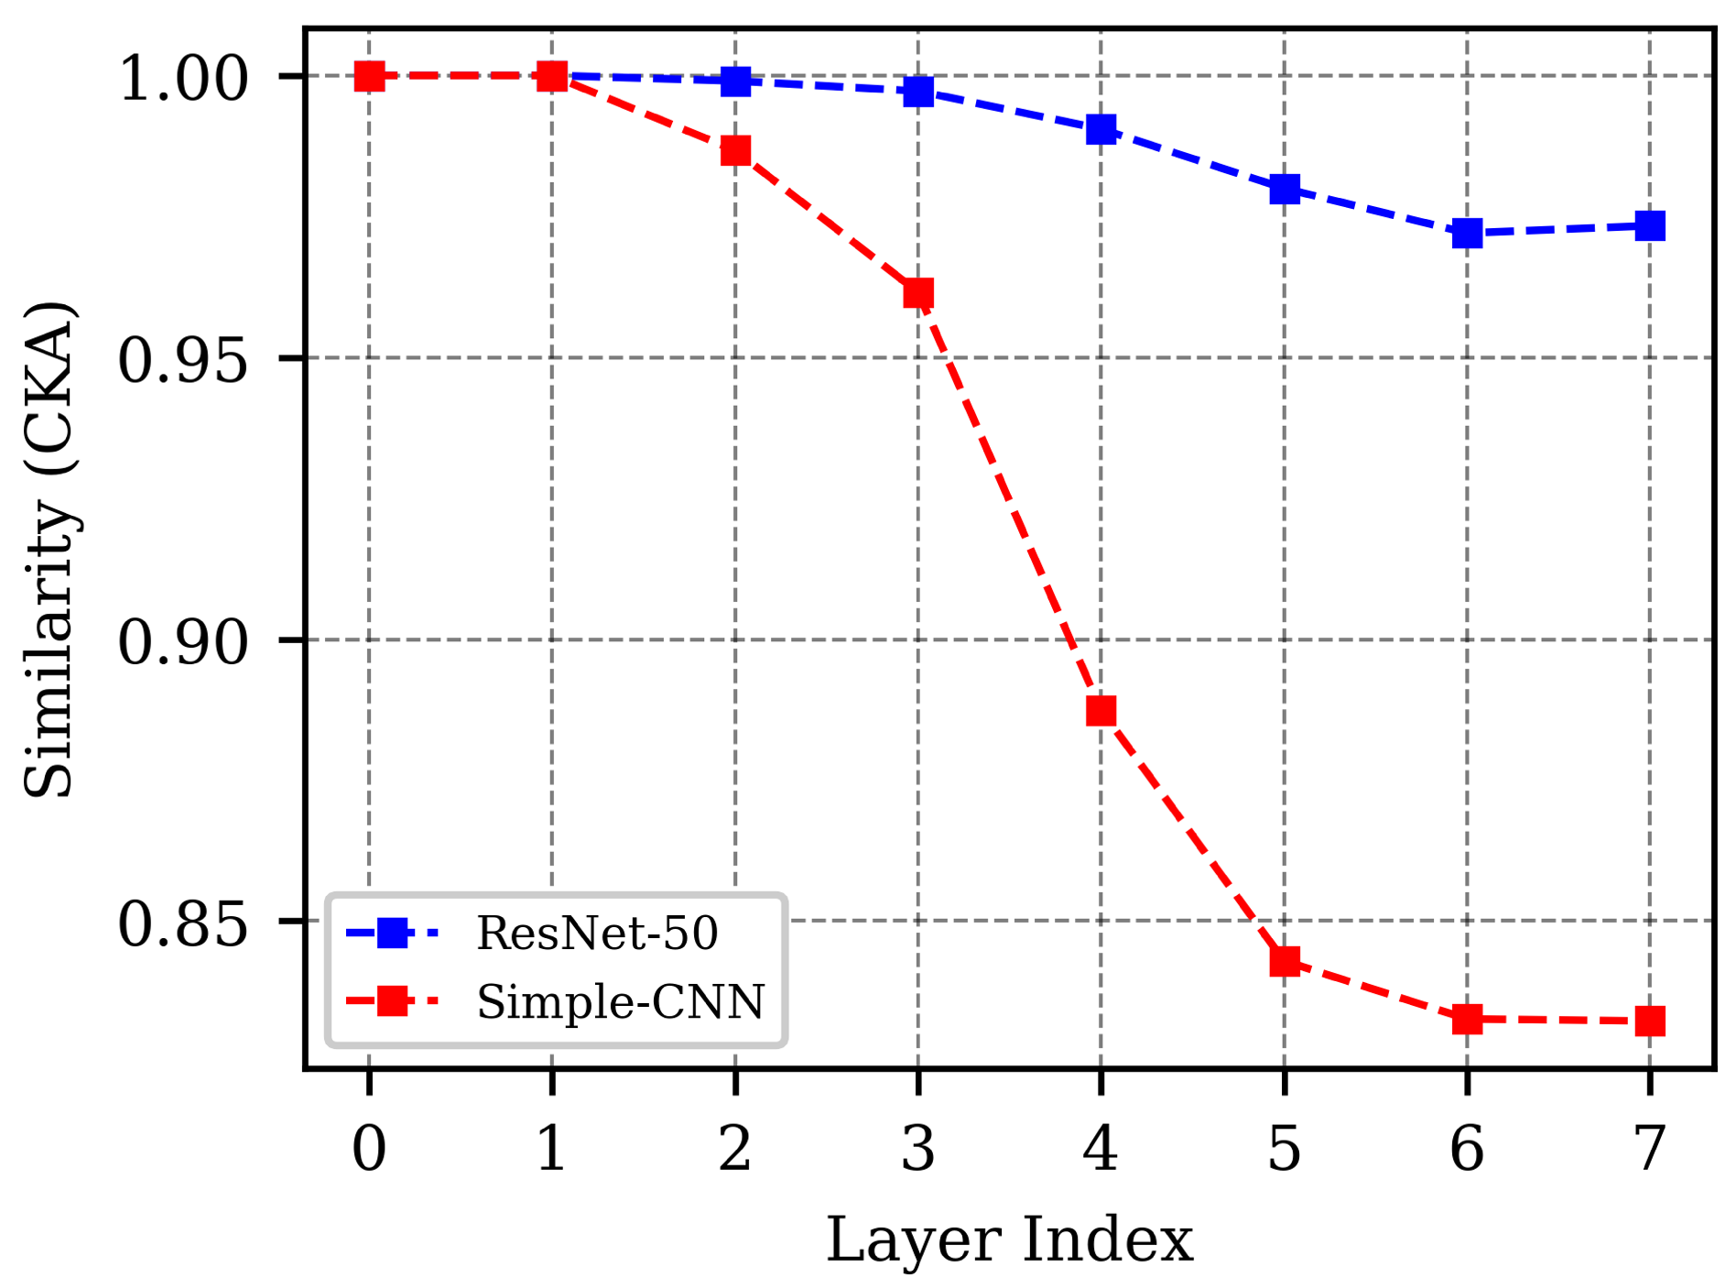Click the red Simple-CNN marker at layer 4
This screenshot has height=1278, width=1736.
1101,711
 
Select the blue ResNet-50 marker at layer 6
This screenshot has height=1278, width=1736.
1467,233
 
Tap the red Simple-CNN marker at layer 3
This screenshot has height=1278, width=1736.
918,293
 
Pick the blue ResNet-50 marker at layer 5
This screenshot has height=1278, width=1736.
1285,190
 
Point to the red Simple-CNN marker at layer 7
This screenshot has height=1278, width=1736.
1650,1021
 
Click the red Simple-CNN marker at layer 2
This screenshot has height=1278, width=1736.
735,150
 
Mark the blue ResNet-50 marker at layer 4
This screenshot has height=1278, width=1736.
1101,129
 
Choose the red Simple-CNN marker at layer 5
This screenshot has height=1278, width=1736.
1285,961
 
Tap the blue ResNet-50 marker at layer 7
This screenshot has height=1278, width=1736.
1650,225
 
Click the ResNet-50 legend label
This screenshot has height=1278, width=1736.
597,934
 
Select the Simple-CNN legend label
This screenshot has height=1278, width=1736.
620,1001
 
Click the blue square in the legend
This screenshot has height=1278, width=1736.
393,934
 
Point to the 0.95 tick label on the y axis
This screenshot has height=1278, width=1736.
183,359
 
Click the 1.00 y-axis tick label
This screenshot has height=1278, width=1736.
183,79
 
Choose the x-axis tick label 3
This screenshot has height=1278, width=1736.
918,1148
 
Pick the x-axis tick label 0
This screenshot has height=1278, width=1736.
369,1148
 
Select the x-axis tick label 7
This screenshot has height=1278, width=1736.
1650,1148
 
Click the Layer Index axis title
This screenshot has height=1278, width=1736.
1009,1240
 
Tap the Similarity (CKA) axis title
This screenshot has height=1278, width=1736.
49,550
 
